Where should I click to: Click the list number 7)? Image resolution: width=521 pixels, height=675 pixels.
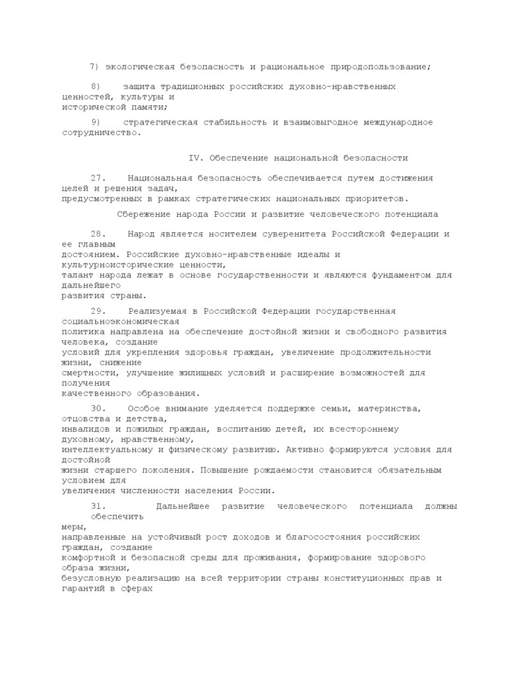click(94, 67)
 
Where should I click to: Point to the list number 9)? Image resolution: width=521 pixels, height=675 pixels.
click(96, 122)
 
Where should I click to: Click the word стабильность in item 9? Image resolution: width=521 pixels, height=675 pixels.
click(225, 122)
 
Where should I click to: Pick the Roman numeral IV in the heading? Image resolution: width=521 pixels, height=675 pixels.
click(194, 158)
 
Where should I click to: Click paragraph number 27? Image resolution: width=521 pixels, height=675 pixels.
click(98, 178)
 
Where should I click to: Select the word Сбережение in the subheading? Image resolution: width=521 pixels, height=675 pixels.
click(143, 214)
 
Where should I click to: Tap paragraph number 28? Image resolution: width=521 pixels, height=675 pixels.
click(98, 234)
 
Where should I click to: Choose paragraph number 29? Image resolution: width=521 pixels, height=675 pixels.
click(98, 311)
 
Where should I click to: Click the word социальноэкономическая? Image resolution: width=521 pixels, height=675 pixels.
click(119, 322)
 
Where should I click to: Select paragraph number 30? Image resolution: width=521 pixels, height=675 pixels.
click(98, 409)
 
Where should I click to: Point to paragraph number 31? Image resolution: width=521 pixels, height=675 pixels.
click(98, 506)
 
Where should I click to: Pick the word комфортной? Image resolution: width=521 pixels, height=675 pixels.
click(88, 558)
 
